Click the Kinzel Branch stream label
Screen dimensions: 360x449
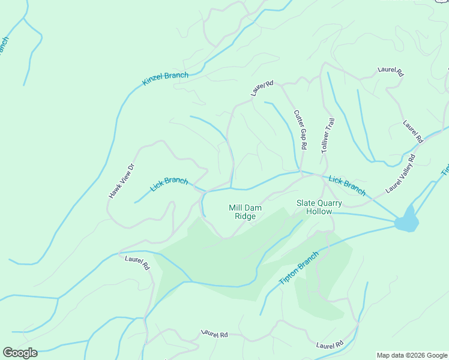tap(165, 79)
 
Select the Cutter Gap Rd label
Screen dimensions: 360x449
tap(300, 130)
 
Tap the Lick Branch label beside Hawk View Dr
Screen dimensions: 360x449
tap(169, 184)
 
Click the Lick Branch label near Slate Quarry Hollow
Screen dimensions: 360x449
tap(347, 186)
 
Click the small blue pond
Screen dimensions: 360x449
tap(407, 220)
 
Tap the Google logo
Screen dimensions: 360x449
tap(20, 352)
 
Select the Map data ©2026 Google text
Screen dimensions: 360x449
tap(412, 355)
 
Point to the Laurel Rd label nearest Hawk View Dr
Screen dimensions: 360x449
tap(137, 263)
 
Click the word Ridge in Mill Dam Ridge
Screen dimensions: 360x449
tap(245, 217)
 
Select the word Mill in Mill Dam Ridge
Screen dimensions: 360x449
tap(235, 208)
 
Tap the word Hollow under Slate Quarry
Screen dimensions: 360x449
tap(319, 212)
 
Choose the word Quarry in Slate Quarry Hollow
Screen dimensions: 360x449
tap(329, 203)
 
